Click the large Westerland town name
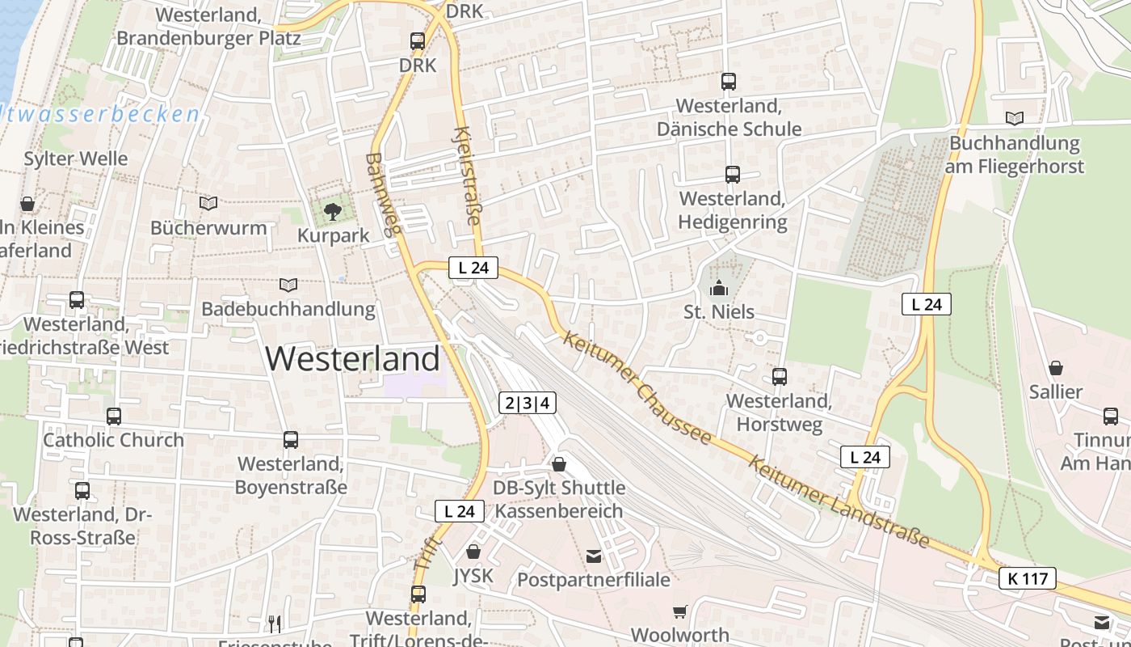(x=353, y=358)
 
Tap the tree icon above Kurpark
(x=332, y=213)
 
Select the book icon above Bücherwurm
(x=208, y=203)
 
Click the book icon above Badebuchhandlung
(x=288, y=285)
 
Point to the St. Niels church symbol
(x=718, y=287)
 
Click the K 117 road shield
(x=1028, y=578)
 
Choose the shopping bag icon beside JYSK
(x=473, y=552)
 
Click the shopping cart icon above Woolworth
(x=680, y=612)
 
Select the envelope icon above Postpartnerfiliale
(x=594, y=556)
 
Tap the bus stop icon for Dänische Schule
(x=729, y=81)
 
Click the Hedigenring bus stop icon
(x=733, y=174)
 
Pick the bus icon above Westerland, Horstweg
(x=780, y=376)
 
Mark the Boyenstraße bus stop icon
(x=291, y=439)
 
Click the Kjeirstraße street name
(x=468, y=175)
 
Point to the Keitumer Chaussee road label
(x=638, y=387)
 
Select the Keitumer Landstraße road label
(x=838, y=501)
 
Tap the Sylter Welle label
(x=76, y=159)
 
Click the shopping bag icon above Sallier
(x=1056, y=368)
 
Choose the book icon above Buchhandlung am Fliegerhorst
(x=1015, y=118)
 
